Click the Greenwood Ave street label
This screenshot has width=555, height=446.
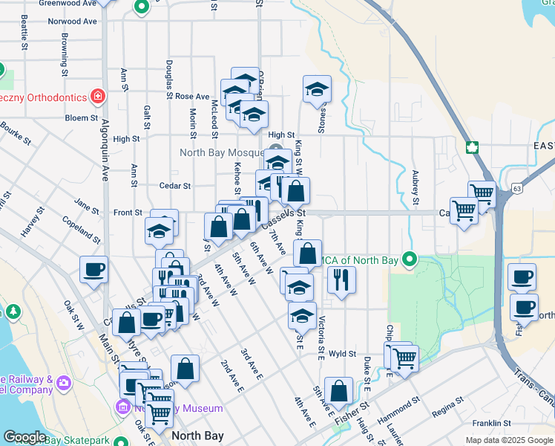68,3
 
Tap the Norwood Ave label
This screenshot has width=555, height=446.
73,22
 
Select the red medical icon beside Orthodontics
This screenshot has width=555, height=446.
97,96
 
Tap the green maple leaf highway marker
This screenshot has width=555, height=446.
470,146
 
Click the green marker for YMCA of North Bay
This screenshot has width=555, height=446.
408,259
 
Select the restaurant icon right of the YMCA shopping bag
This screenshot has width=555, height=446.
341,279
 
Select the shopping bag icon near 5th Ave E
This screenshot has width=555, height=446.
338,392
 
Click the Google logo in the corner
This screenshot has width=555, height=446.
25,437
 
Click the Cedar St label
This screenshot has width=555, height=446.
175,186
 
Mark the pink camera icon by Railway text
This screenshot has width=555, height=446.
65,383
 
